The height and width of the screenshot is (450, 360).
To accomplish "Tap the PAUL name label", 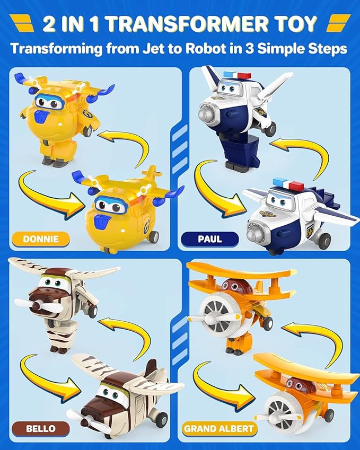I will point(210,239).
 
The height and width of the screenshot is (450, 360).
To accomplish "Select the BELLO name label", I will point(40,428).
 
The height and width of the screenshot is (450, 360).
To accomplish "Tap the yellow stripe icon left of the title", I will point(25,24).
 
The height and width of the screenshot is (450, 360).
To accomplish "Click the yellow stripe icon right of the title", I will point(337,24).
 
